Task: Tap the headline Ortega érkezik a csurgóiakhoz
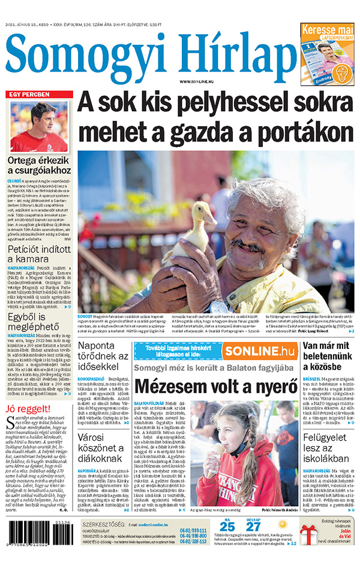(x=39, y=166)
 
